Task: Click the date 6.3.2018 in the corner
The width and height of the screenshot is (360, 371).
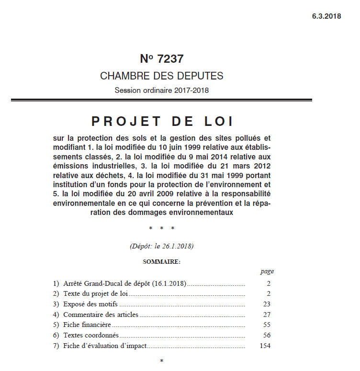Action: (326, 16)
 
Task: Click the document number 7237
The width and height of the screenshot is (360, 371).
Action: (170, 59)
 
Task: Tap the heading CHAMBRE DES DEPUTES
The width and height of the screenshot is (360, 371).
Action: (161, 76)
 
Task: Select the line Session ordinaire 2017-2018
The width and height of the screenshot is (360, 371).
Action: (161, 90)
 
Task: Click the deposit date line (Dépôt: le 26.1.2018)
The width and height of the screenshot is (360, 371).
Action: (161, 246)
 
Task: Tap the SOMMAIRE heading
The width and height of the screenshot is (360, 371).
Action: (161, 261)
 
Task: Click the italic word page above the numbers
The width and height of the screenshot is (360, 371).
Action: (267, 271)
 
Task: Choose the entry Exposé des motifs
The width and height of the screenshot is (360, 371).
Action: (90, 304)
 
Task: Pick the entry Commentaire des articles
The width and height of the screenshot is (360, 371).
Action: (101, 315)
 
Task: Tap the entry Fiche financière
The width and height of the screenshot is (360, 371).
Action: (87, 325)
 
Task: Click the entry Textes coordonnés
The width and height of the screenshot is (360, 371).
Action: (91, 335)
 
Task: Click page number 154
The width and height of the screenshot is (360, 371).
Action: (265, 346)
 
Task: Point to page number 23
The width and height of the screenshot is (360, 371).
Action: (267, 304)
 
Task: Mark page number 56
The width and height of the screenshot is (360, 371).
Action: (267, 335)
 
